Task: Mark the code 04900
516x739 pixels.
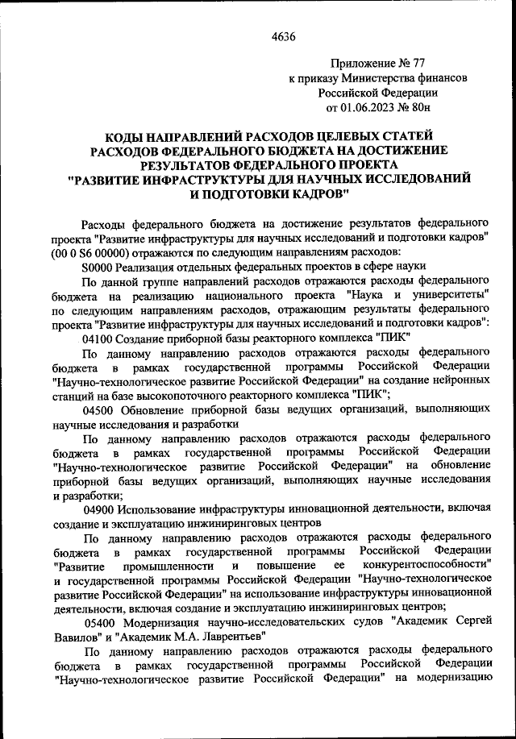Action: coord(99,509)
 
